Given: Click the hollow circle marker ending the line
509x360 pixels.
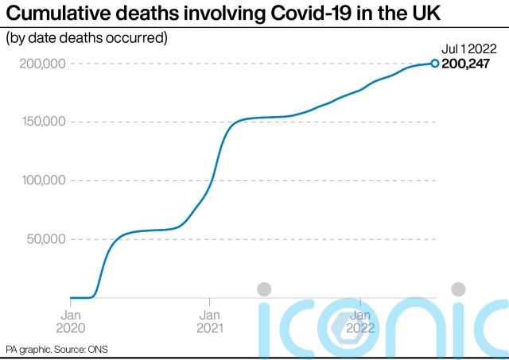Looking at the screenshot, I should (435, 64).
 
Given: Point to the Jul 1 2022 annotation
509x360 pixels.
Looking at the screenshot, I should (468, 48).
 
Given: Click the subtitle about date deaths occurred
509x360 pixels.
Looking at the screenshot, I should (87, 37).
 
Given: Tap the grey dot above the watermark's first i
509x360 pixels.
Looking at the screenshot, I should (264, 289).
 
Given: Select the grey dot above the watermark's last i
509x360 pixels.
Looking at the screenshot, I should (459, 289).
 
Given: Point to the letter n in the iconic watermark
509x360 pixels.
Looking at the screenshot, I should (410, 327).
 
